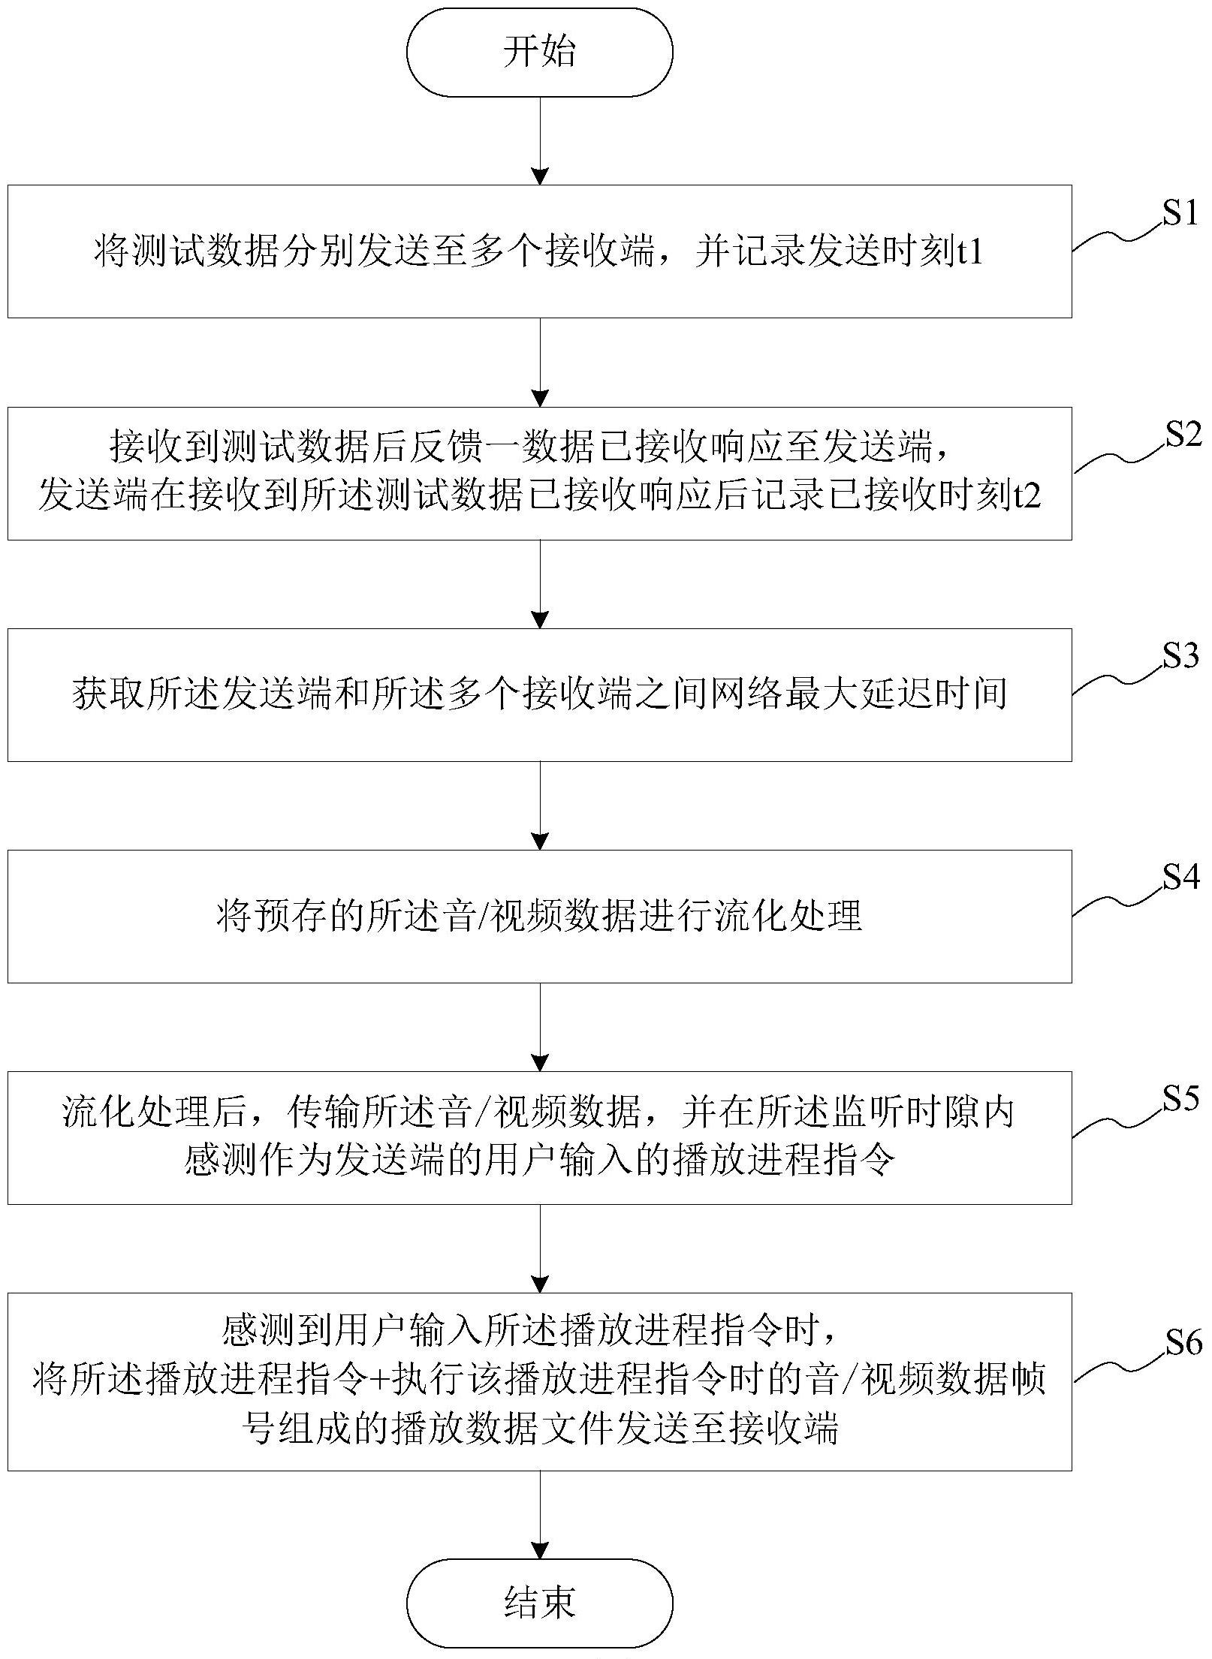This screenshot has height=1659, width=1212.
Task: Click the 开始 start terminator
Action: (539, 53)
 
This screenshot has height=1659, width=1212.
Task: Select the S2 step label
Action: (1183, 436)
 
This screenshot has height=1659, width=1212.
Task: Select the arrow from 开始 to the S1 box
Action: (540, 141)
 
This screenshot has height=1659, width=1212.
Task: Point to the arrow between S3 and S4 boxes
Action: (540, 805)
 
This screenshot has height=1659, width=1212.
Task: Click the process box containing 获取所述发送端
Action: (539, 695)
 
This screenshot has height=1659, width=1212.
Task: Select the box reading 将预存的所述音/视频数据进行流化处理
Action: (539, 916)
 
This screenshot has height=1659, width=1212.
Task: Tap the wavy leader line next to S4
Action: (1117, 900)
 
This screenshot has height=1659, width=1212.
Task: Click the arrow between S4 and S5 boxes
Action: (540, 1027)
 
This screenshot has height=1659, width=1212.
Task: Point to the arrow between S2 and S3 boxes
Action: (540, 584)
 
